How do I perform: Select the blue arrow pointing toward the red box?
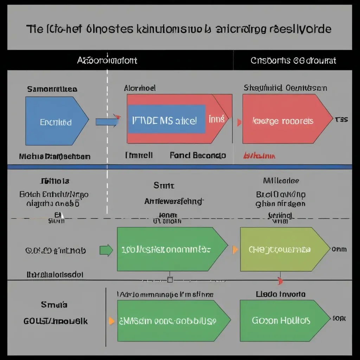[107, 122]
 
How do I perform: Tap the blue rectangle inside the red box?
[166, 119]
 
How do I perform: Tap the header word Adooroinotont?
[107, 60]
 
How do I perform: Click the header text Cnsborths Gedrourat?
[293, 60]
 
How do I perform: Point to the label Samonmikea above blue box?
[52, 89]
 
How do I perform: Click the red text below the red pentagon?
[259, 155]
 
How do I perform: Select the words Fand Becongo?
[198, 155]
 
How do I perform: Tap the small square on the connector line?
[170, 280]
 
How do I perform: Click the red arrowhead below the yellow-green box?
[280, 281]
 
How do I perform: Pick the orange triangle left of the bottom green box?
[111, 321]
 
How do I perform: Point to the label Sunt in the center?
[163, 185]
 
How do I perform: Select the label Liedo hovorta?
[281, 294]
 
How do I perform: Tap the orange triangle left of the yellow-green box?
[235, 250]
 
